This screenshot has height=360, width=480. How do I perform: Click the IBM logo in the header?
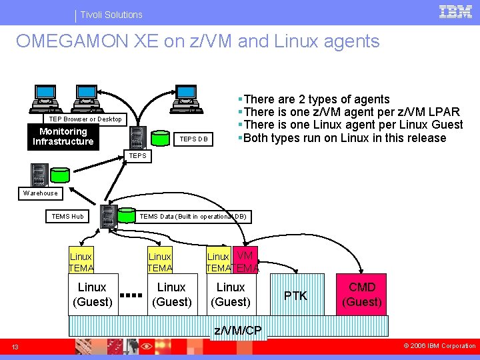pos(456,11)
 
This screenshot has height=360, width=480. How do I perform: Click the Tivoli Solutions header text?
pos(111,14)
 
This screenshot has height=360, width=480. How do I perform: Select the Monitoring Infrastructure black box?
pos(63,137)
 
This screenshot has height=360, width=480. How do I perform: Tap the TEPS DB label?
pos(194,139)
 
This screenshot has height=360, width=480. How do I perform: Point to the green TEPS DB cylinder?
pos(161,137)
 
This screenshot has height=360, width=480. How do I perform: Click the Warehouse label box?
pos(40,193)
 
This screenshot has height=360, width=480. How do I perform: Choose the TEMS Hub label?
pos(67,216)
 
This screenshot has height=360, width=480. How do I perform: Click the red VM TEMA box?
pos(245,261)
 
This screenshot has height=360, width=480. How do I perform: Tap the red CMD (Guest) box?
pos(362,294)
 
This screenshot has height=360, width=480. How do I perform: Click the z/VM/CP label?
pos(238,331)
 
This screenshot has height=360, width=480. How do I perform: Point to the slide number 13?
pos(15,346)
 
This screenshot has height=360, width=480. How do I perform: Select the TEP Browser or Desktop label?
pos(85,119)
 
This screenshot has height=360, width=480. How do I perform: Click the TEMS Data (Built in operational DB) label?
pos(193,216)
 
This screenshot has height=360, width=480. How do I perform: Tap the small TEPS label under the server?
pos(137,156)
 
